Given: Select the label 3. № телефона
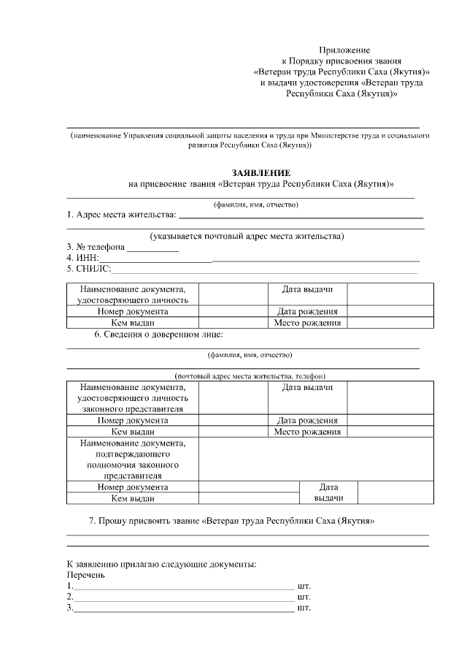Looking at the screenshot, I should [96, 247].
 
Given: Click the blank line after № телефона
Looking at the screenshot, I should [153, 248].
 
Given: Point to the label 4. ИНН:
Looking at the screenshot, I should [82, 258].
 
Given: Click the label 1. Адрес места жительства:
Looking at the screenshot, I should [121, 215].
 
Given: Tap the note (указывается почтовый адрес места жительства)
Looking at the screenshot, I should [247, 236].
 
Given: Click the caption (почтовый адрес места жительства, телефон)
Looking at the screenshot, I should [244, 375].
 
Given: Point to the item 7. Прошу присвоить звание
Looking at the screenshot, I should [231, 521].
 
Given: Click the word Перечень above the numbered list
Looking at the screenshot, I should [86, 575].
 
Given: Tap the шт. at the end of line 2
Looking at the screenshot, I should [304, 597].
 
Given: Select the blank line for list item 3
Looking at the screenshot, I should [184, 609].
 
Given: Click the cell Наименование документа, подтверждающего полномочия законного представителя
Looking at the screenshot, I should [132, 459].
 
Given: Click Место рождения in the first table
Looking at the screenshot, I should [307, 323].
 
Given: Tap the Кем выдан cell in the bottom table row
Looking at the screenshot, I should [132, 498].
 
